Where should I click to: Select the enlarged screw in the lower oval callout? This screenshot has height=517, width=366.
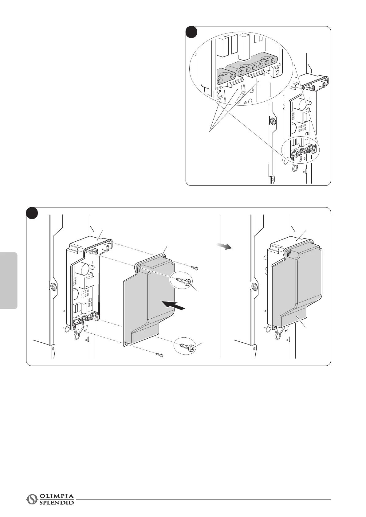click(x=186, y=346)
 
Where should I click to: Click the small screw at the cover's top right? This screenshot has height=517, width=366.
click(x=195, y=268)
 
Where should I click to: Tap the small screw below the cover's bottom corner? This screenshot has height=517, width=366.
click(x=159, y=355)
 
